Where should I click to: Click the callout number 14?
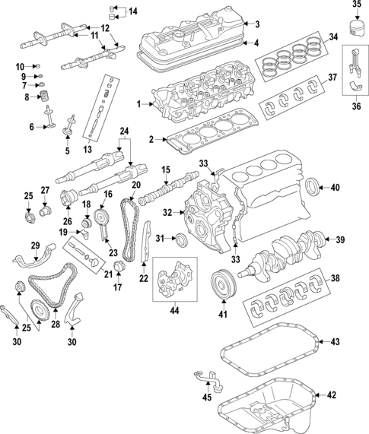133,11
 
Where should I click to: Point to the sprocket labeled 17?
118,268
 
